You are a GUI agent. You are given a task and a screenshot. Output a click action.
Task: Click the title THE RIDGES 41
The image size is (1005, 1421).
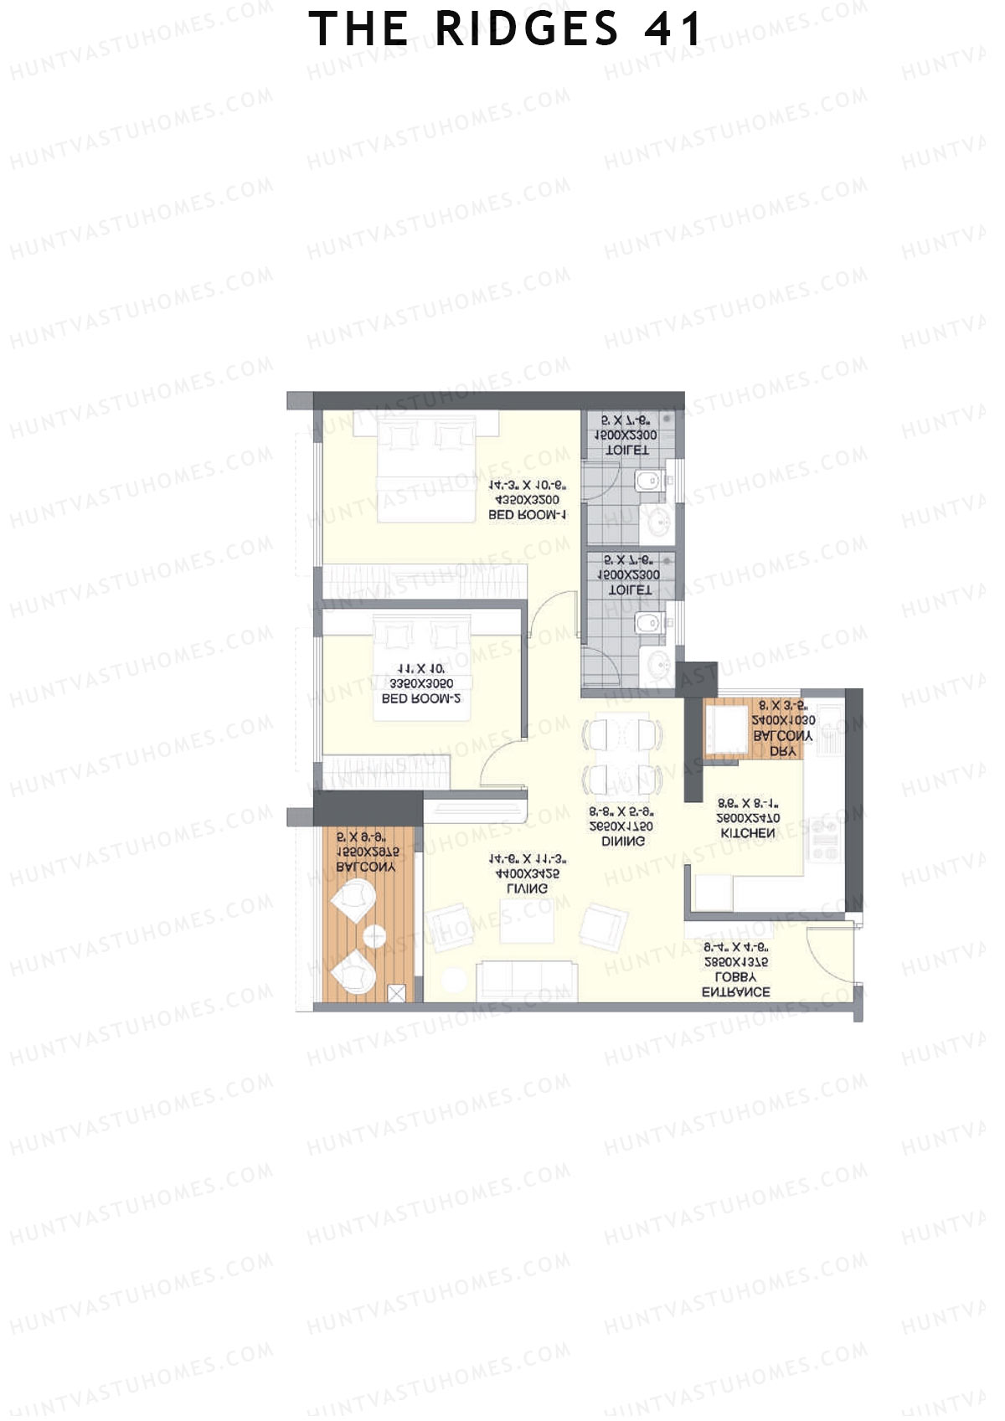(506, 30)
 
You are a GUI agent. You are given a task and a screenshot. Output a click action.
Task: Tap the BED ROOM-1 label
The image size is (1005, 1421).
(528, 516)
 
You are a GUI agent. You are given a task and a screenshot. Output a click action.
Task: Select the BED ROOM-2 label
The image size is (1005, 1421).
(421, 698)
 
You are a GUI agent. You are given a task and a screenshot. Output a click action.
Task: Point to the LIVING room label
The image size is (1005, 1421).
(528, 888)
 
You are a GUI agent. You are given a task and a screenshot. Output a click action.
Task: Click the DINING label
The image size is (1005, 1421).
(623, 841)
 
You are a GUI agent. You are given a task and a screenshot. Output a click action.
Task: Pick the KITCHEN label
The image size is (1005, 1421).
(748, 833)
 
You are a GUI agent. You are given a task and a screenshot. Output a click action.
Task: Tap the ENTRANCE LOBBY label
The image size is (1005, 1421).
(736, 985)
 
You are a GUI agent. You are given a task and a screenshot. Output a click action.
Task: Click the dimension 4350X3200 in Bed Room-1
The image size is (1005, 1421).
(528, 501)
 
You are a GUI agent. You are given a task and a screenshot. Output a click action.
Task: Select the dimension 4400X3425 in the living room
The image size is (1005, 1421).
(528, 874)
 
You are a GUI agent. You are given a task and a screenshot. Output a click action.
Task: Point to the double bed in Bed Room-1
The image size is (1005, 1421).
(425, 469)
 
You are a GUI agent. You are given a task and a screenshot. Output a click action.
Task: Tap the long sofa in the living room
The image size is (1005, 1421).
(526, 981)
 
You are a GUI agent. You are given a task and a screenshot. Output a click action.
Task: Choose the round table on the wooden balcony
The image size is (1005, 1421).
(374, 937)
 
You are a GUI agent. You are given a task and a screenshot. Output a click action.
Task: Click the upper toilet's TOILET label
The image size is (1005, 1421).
(627, 450)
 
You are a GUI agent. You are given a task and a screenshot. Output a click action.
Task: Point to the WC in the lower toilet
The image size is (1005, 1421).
(649, 622)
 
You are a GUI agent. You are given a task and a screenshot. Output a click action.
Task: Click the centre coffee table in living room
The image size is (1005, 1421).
(527, 921)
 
